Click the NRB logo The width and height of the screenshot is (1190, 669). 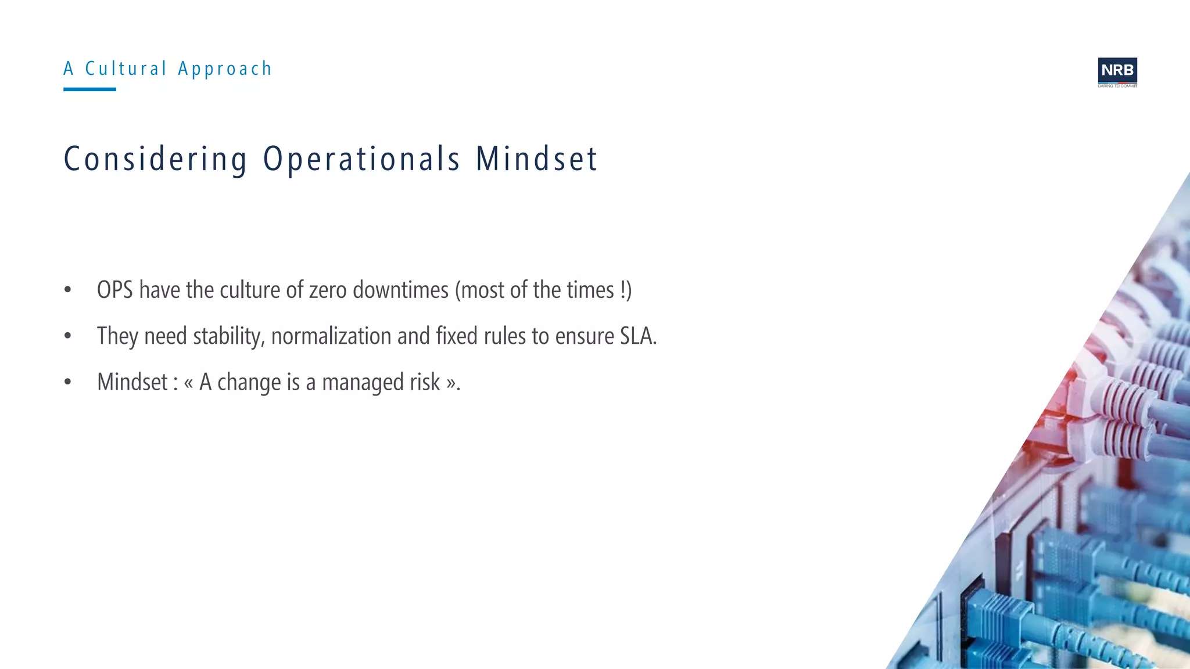coord(1117,70)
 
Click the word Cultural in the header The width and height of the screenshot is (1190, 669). coord(126,69)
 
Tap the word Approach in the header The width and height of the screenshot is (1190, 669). coord(225,69)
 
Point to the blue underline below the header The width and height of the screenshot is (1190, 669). coord(89,89)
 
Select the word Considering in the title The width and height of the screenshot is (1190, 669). coord(156,159)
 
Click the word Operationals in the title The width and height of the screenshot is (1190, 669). coord(362,159)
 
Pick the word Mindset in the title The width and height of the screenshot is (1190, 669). coord(536,159)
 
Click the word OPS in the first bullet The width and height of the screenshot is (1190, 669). coord(114,290)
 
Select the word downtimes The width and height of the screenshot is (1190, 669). coord(400,290)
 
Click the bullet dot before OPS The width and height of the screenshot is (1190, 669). coord(68,290)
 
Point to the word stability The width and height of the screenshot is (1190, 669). coord(229,336)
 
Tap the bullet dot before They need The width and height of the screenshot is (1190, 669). coord(68,336)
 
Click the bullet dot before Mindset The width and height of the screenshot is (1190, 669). coord(68,382)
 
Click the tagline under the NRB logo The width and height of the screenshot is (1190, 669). coord(1117,86)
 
